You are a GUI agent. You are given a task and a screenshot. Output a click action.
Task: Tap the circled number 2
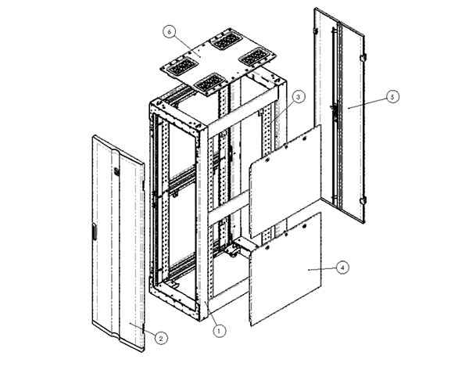click(x=161, y=338)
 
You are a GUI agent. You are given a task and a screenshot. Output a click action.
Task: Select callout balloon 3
click(x=299, y=96)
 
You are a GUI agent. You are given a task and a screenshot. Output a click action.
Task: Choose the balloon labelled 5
click(x=392, y=97)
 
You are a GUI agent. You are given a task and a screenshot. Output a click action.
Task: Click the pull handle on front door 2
click(x=93, y=231)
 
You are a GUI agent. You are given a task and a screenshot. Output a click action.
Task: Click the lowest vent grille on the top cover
click(x=207, y=81)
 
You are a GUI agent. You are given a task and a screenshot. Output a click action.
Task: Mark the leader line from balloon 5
click(x=367, y=102)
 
